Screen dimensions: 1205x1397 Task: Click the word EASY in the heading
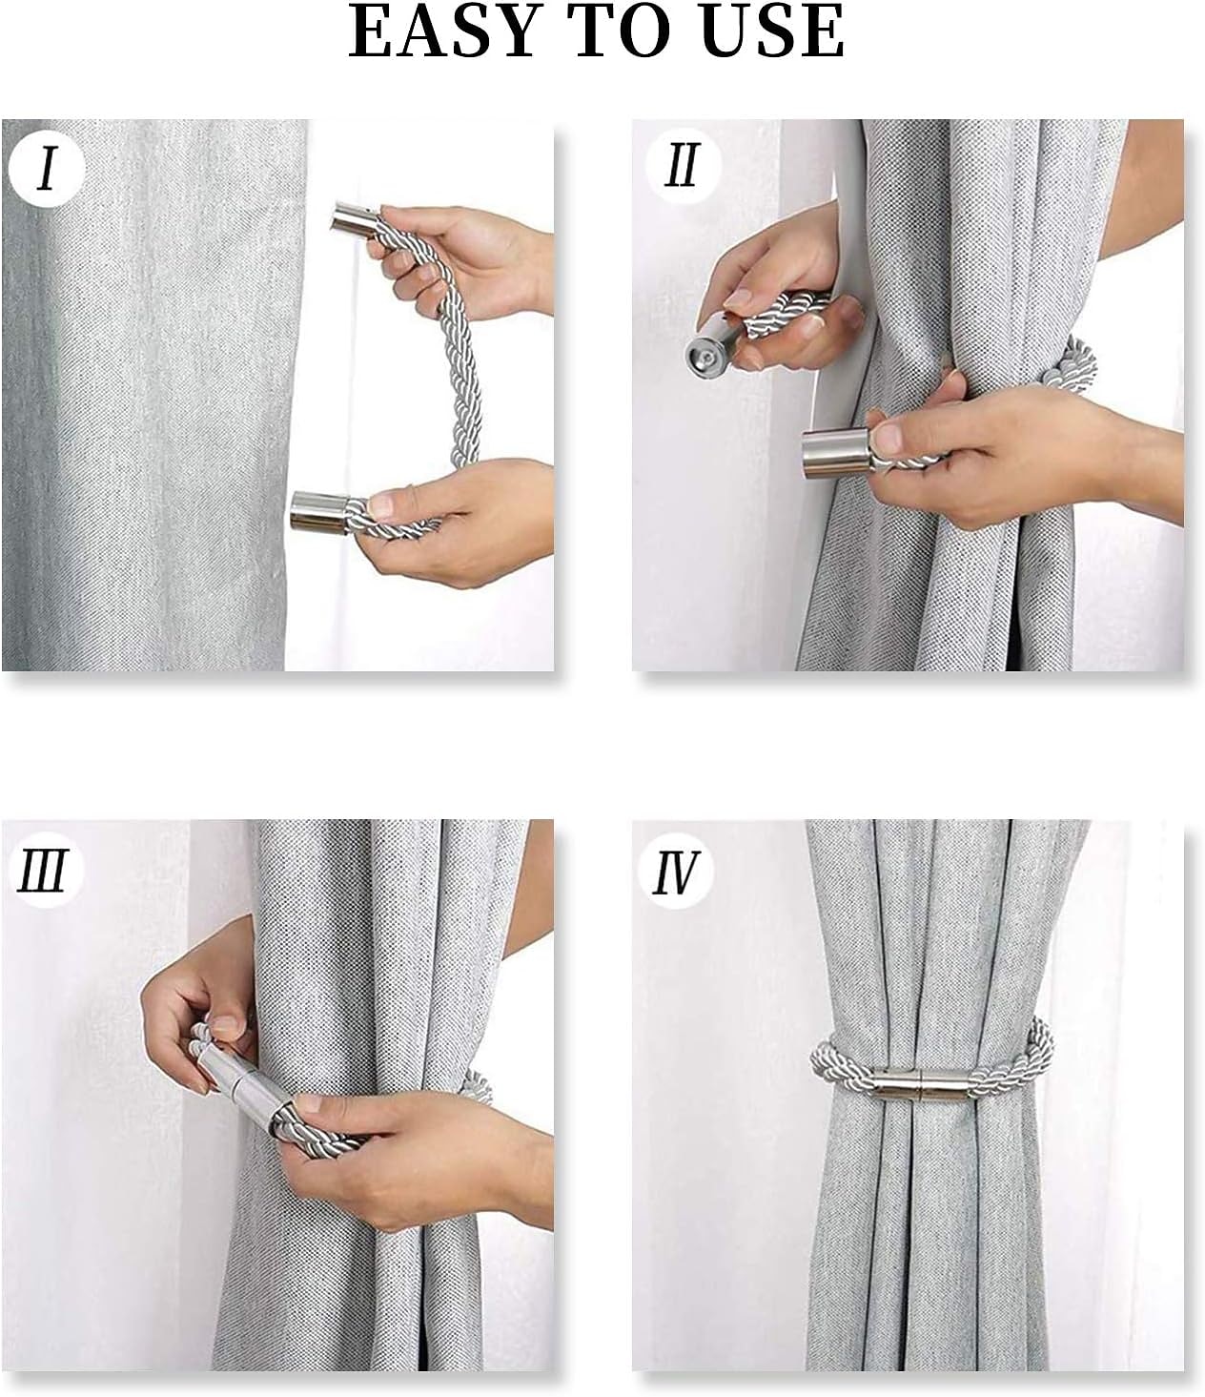click(446, 31)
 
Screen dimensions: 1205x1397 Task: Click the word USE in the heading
click(772, 31)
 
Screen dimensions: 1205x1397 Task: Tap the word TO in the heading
click(619, 31)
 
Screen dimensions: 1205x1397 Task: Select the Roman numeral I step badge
click(47, 168)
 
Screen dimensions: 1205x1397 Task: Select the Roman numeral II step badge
click(683, 166)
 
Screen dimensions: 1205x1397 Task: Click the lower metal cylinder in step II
click(836, 454)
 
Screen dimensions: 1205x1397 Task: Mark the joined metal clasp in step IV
click(920, 1086)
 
